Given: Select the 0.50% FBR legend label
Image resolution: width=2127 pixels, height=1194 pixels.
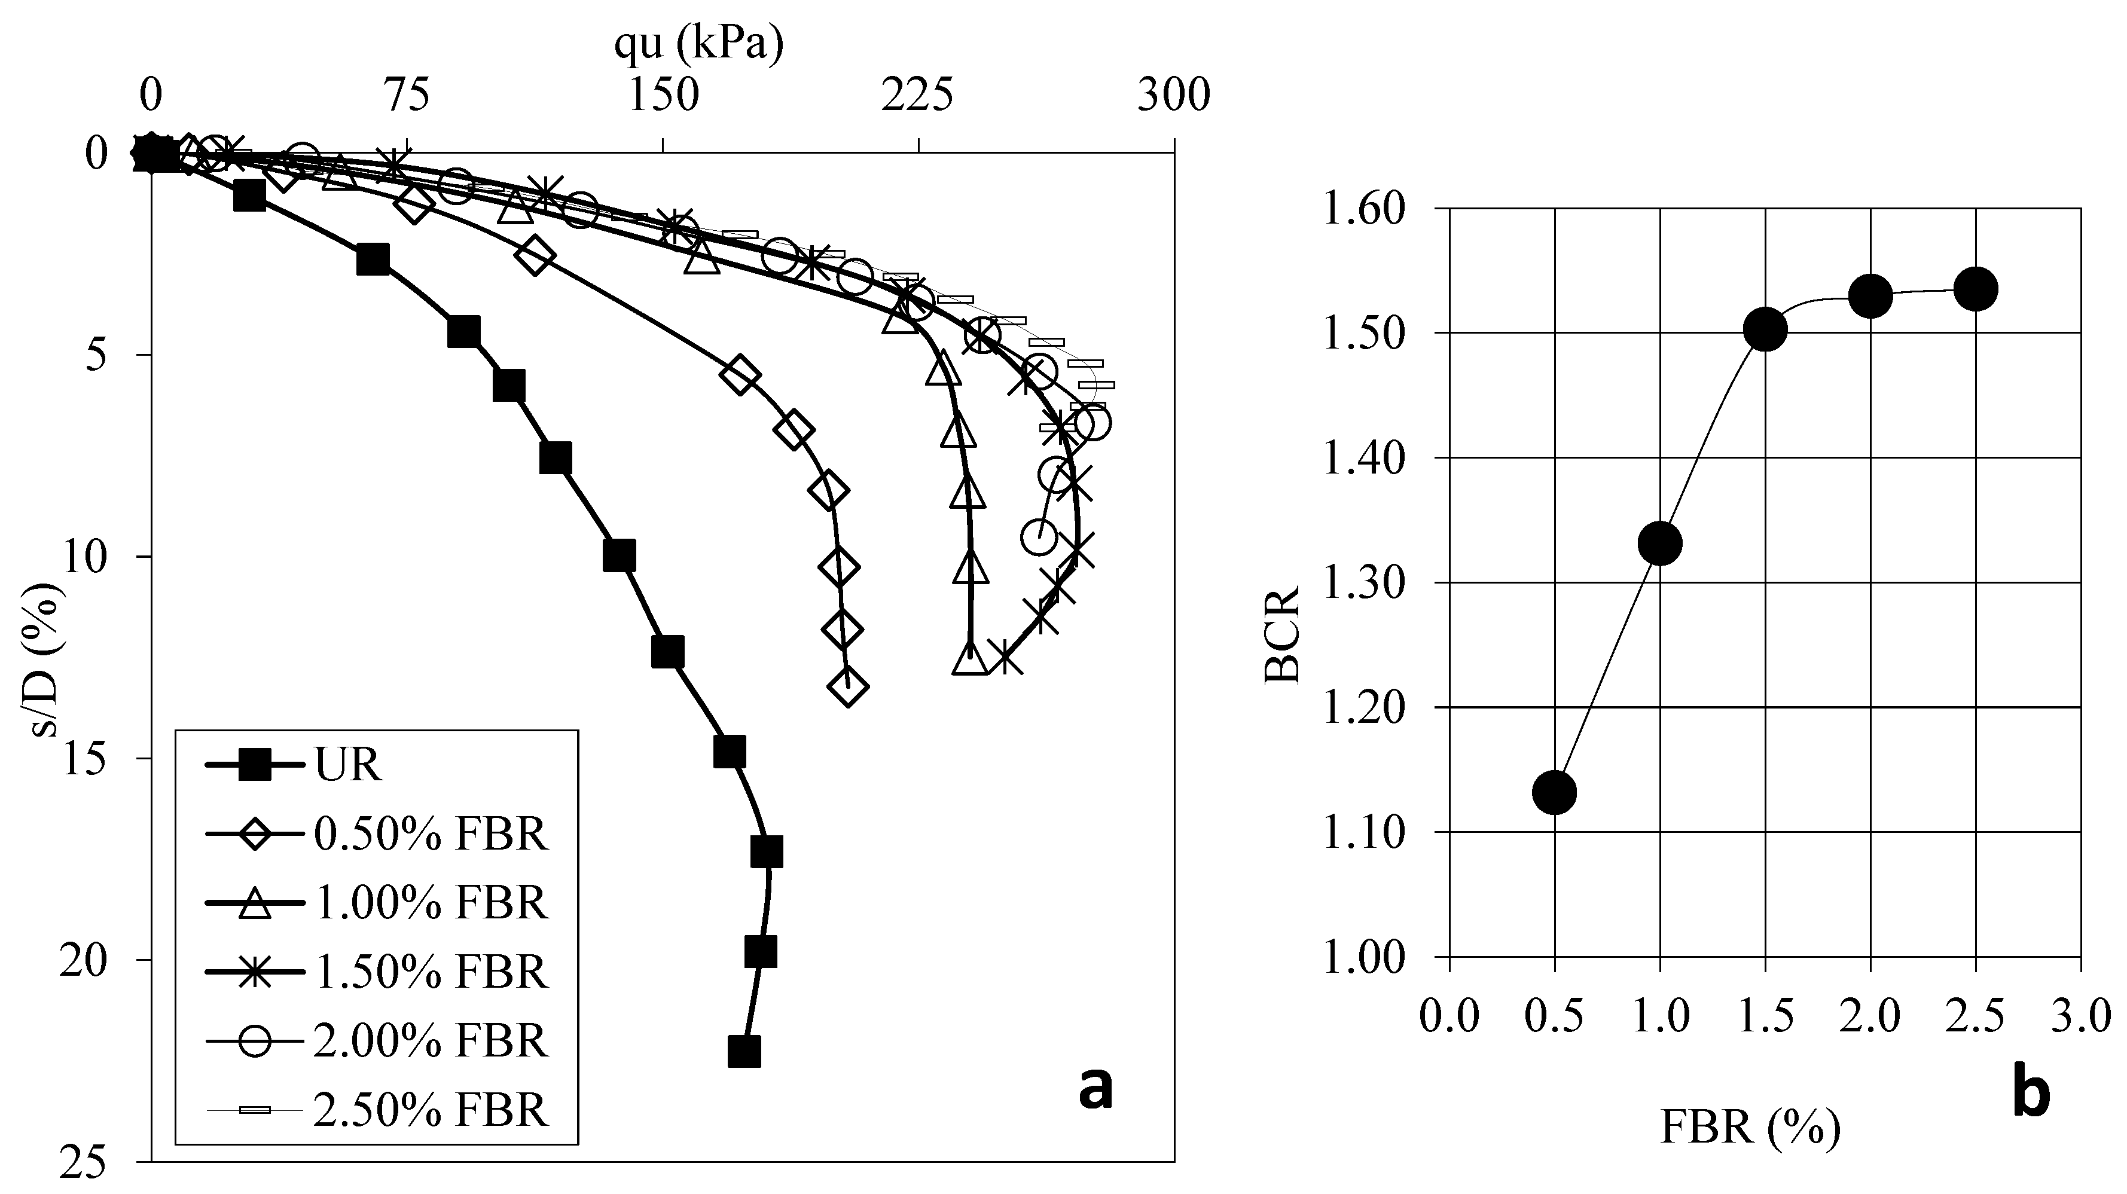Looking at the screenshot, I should coord(430,836).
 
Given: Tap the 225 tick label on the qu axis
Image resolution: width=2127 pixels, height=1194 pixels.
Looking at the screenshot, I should coord(917,97).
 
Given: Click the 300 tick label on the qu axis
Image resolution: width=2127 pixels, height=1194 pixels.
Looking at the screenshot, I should coord(1173,97).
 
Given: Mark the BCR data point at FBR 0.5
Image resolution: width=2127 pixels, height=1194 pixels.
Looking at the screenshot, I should coord(1555,793).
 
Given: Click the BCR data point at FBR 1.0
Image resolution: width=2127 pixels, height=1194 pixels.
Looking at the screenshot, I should coord(1659,543).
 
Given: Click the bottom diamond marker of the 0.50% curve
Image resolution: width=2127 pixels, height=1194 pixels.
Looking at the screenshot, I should coord(848,687).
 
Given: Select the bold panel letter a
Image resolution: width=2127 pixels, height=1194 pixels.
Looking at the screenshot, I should coord(1095,1088).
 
